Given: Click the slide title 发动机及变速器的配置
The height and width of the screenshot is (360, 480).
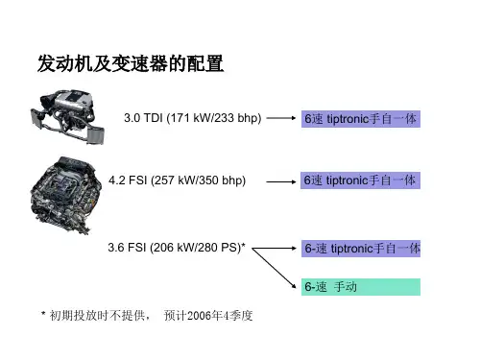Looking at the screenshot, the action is point(131,63).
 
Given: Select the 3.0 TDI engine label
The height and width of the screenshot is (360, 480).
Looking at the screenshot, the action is point(193,118).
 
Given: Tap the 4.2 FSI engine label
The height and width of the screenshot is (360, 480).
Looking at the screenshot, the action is point(177,180).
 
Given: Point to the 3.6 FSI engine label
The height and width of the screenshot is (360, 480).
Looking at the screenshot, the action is point(177,248).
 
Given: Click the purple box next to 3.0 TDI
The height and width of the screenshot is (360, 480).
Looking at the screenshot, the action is point(361,119).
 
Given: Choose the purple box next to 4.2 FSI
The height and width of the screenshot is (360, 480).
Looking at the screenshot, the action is point(360,180).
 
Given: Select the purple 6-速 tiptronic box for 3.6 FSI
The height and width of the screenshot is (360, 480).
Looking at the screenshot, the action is point(361,249).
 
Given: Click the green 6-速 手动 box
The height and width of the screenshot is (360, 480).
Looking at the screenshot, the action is point(361,287).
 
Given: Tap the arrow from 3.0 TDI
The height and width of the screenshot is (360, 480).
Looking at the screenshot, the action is point(281,118).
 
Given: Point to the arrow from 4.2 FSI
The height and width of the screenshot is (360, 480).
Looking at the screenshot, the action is point(281,181).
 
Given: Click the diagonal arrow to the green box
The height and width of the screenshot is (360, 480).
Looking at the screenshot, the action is point(275,268).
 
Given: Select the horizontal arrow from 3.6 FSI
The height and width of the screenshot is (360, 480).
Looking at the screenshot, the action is point(275,248).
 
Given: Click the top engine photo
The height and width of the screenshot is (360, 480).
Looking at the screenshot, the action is point(67,117).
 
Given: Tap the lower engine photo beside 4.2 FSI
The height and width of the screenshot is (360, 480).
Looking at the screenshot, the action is point(65,195).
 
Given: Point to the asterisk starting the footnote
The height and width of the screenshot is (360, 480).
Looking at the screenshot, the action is point(43,313).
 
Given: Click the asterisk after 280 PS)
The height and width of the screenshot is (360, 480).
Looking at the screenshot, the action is point(243,245).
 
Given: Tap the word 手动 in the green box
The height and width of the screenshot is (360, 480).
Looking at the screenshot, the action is point(346,287).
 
